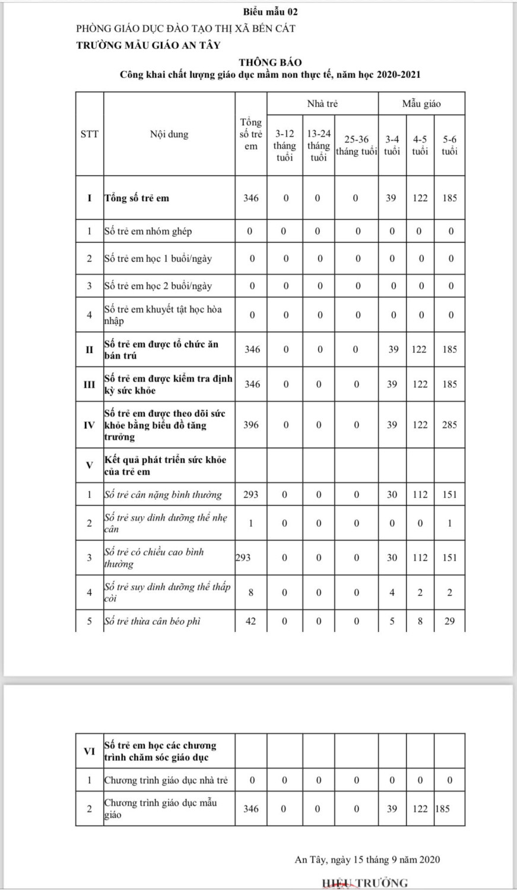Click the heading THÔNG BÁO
point(270,62)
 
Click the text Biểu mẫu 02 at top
point(270,12)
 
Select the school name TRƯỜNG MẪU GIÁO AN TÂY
point(148,44)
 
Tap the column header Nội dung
point(169,134)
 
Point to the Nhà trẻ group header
point(322,104)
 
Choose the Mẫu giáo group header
point(421,104)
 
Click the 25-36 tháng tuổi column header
point(356,145)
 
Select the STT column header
point(90,134)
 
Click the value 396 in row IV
point(251,425)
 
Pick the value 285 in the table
point(449,425)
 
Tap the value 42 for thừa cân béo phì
point(251,621)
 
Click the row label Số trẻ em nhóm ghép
point(148,231)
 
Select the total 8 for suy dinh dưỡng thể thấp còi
point(251,592)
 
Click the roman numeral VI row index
point(90,751)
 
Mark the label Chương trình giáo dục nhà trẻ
point(166,780)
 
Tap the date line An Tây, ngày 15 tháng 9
point(367,859)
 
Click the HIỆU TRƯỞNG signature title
point(364,883)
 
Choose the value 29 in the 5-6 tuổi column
point(449,621)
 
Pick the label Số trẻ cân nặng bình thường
point(163,495)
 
